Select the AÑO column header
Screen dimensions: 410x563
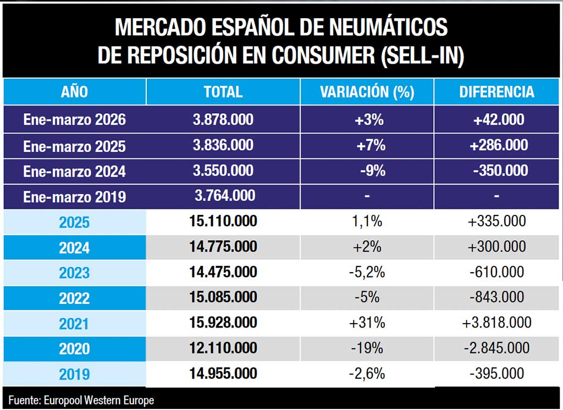click(74, 92)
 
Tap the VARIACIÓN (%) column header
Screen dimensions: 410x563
click(367, 92)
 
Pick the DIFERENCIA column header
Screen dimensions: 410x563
click(496, 92)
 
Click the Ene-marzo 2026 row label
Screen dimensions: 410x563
click(74, 120)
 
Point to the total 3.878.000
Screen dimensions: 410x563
click(223, 119)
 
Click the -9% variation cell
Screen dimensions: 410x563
click(372, 171)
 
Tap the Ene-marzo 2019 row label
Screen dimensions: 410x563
click(74, 197)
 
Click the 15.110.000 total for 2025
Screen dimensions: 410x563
click(223, 221)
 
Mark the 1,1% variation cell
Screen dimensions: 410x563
click(367, 221)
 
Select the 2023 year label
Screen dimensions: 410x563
click(74, 273)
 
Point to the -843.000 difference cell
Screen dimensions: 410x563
click(496, 297)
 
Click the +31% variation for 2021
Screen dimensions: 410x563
click(367, 323)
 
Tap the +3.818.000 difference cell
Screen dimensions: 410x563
click(496, 323)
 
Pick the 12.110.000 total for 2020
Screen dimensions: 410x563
click(223, 348)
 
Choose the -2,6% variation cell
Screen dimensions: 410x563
click(367, 374)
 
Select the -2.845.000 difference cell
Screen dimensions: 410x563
click(496, 348)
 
